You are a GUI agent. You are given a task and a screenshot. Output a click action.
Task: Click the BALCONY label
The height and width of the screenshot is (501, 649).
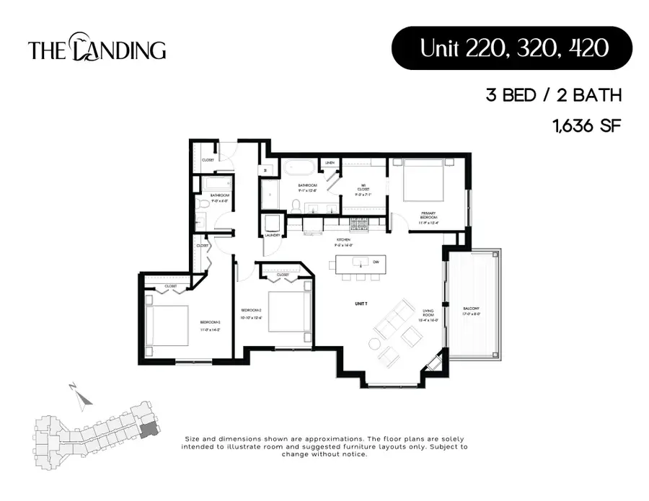pos(471,311)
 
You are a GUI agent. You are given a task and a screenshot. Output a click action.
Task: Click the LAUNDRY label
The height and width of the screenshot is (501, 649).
pos(273,235)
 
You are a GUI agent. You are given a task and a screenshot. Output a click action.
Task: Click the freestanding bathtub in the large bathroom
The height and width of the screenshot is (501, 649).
pos(296,169)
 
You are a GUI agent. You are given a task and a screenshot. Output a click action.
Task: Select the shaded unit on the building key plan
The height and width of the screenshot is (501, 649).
pos(148,430)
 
